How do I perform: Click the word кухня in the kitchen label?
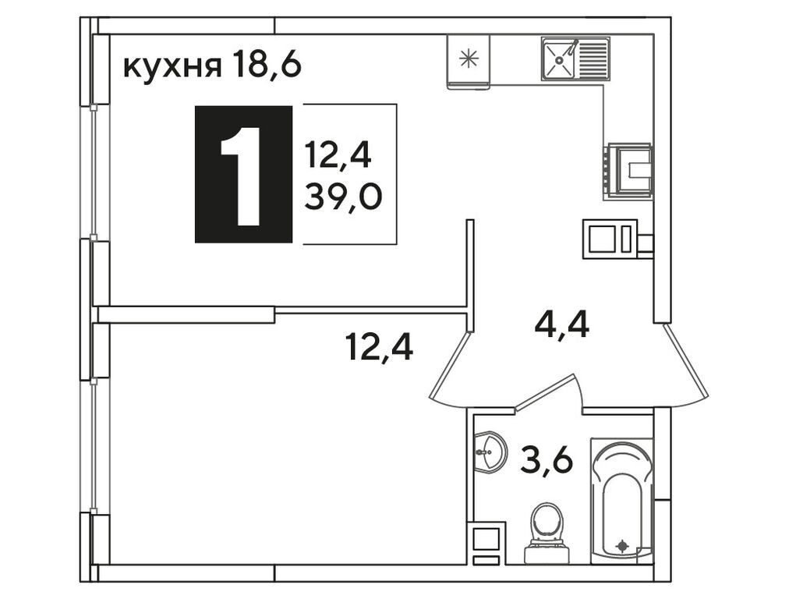[x=172, y=68]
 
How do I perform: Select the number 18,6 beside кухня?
[x=265, y=68]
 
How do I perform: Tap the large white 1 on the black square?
[x=242, y=175]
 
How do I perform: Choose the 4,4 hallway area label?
[x=561, y=322]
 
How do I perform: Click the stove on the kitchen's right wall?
[x=629, y=169]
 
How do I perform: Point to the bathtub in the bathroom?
[x=621, y=499]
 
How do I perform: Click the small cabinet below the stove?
[x=611, y=239]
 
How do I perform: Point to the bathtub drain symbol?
[x=621, y=545]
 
